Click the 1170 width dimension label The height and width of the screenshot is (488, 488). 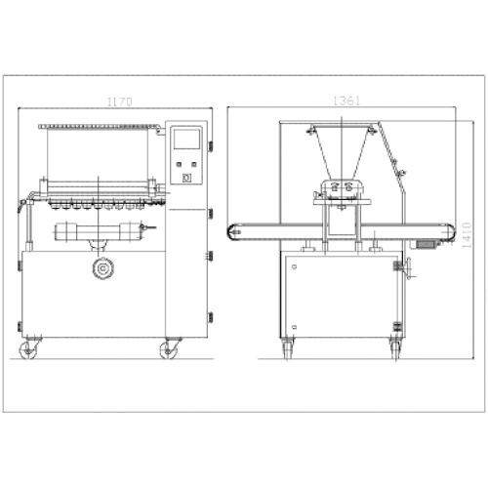(120, 102)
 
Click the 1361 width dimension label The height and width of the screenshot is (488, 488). (346, 101)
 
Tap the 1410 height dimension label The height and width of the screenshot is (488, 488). (467, 235)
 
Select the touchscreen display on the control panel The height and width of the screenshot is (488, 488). (186, 139)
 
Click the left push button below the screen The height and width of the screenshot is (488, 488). (179, 164)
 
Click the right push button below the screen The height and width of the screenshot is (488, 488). (194, 164)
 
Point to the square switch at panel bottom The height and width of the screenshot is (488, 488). (186, 178)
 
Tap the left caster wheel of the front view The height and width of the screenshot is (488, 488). (28, 350)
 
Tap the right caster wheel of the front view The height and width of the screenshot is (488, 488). (169, 350)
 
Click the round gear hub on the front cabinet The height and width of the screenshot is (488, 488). (103, 268)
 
